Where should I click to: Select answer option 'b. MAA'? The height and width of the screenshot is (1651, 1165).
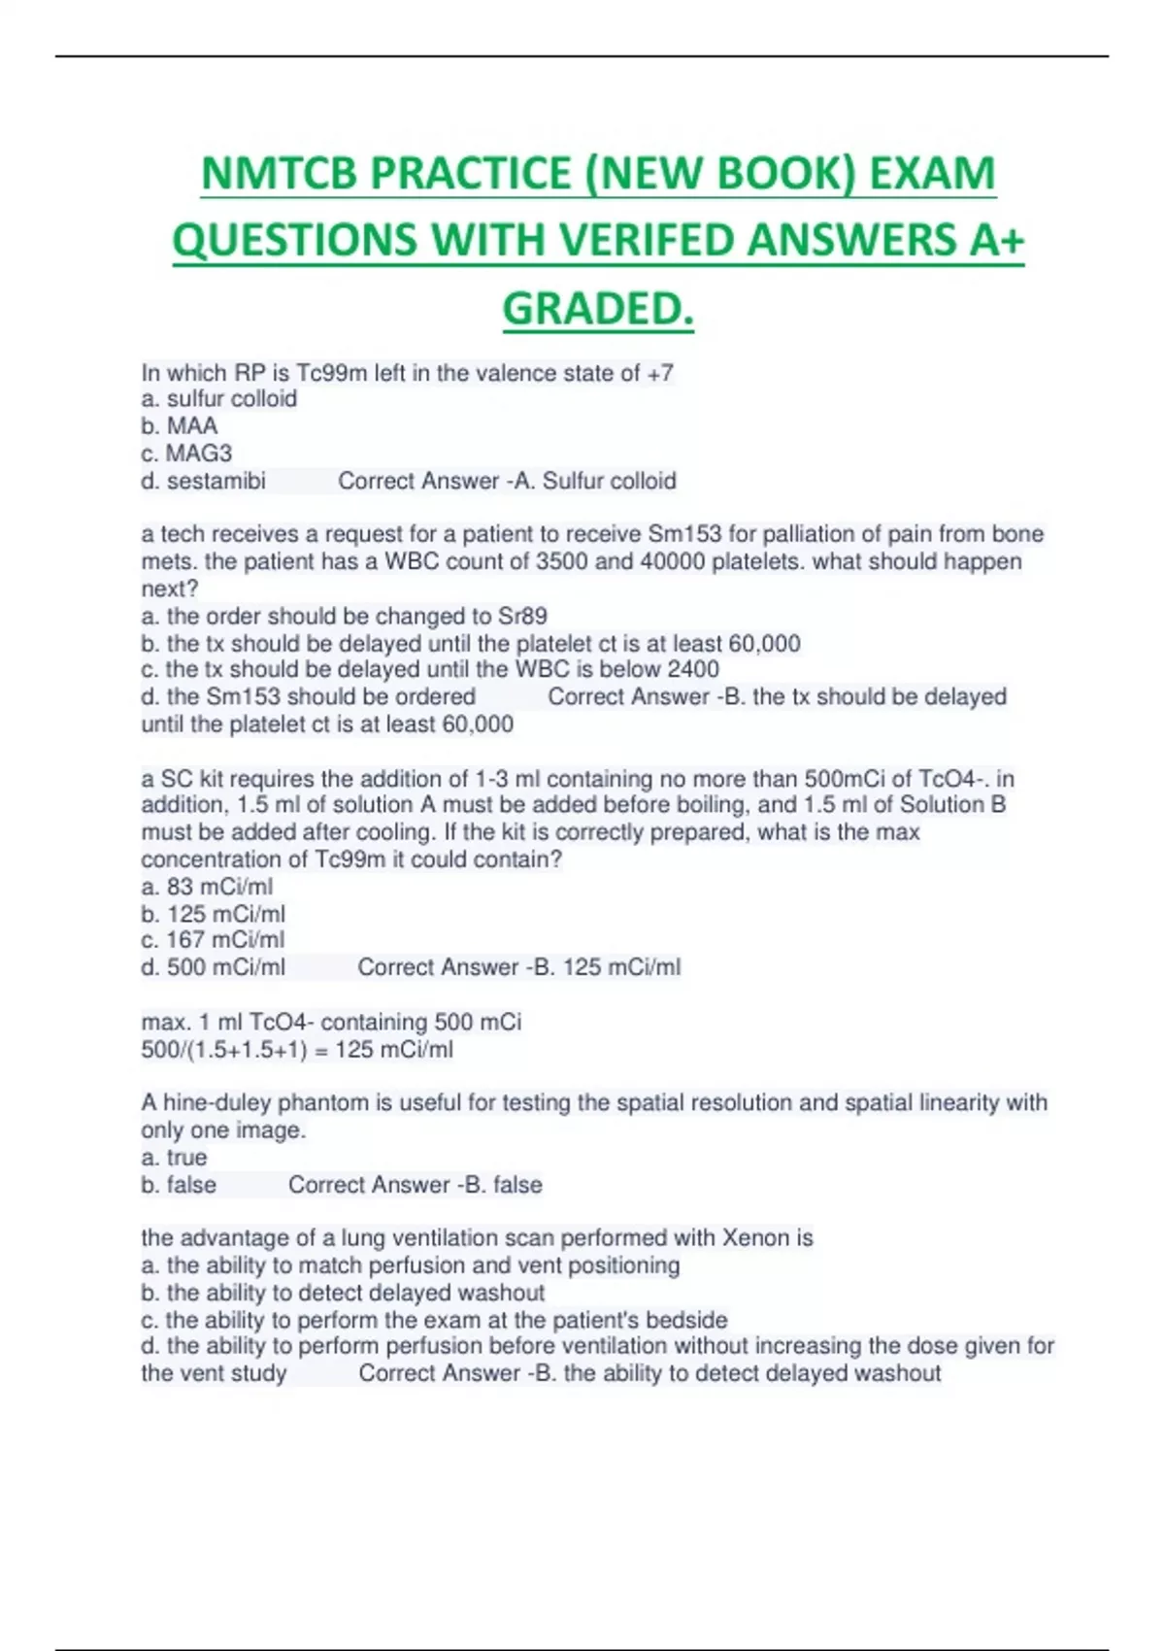point(180,426)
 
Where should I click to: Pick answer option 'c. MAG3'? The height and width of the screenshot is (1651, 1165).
point(186,454)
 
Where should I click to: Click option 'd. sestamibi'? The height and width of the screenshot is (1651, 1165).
point(204,481)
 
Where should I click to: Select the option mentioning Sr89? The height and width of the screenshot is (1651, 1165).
point(345,617)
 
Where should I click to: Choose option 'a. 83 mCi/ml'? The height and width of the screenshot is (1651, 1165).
point(207,887)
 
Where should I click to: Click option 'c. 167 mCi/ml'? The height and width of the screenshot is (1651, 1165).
point(213,940)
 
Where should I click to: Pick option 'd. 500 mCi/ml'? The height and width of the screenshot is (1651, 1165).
point(214,967)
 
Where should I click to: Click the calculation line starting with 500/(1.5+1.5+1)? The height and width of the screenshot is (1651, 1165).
point(297,1050)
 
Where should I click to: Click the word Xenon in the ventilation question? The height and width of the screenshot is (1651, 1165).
point(755,1238)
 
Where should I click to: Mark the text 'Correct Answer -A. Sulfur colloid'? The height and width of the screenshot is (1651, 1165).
point(507,481)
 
